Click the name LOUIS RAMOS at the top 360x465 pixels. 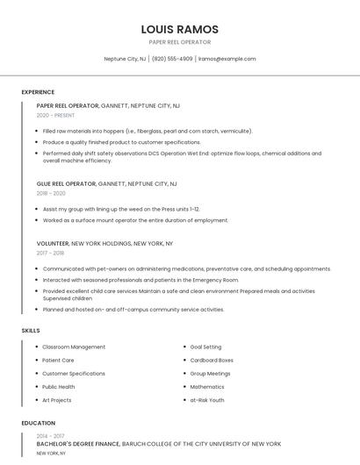click(x=180, y=29)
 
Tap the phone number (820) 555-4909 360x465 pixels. click(x=172, y=59)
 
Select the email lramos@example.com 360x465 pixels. click(x=227, y=59)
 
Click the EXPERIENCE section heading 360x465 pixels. click(x=38, y=92)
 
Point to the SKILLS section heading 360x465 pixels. click(x=31, y=330)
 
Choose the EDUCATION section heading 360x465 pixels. click(x=38, y=423)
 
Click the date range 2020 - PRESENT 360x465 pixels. click(x=56, y=115)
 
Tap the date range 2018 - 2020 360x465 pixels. click(x=51, y=193)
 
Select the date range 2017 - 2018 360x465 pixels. click(x=51, y=253)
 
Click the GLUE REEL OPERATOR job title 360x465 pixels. click(x=67, y=184)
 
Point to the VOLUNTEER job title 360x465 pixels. click(x=53, y=243)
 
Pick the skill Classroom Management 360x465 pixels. click(x=74, y=347)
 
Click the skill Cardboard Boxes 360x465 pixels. click(x=212, y=360)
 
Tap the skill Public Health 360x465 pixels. click(x=59, y=386)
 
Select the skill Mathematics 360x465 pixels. click(x=207, y=386)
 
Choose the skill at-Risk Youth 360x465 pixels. click(x=207, y=400)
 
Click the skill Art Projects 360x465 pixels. click(x=57, y=400)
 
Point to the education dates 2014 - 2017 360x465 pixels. click(x=51, y=435)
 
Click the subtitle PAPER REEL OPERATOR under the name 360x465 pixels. click(x=180, y=41)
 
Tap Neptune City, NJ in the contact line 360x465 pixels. click(x=125, y=59)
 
